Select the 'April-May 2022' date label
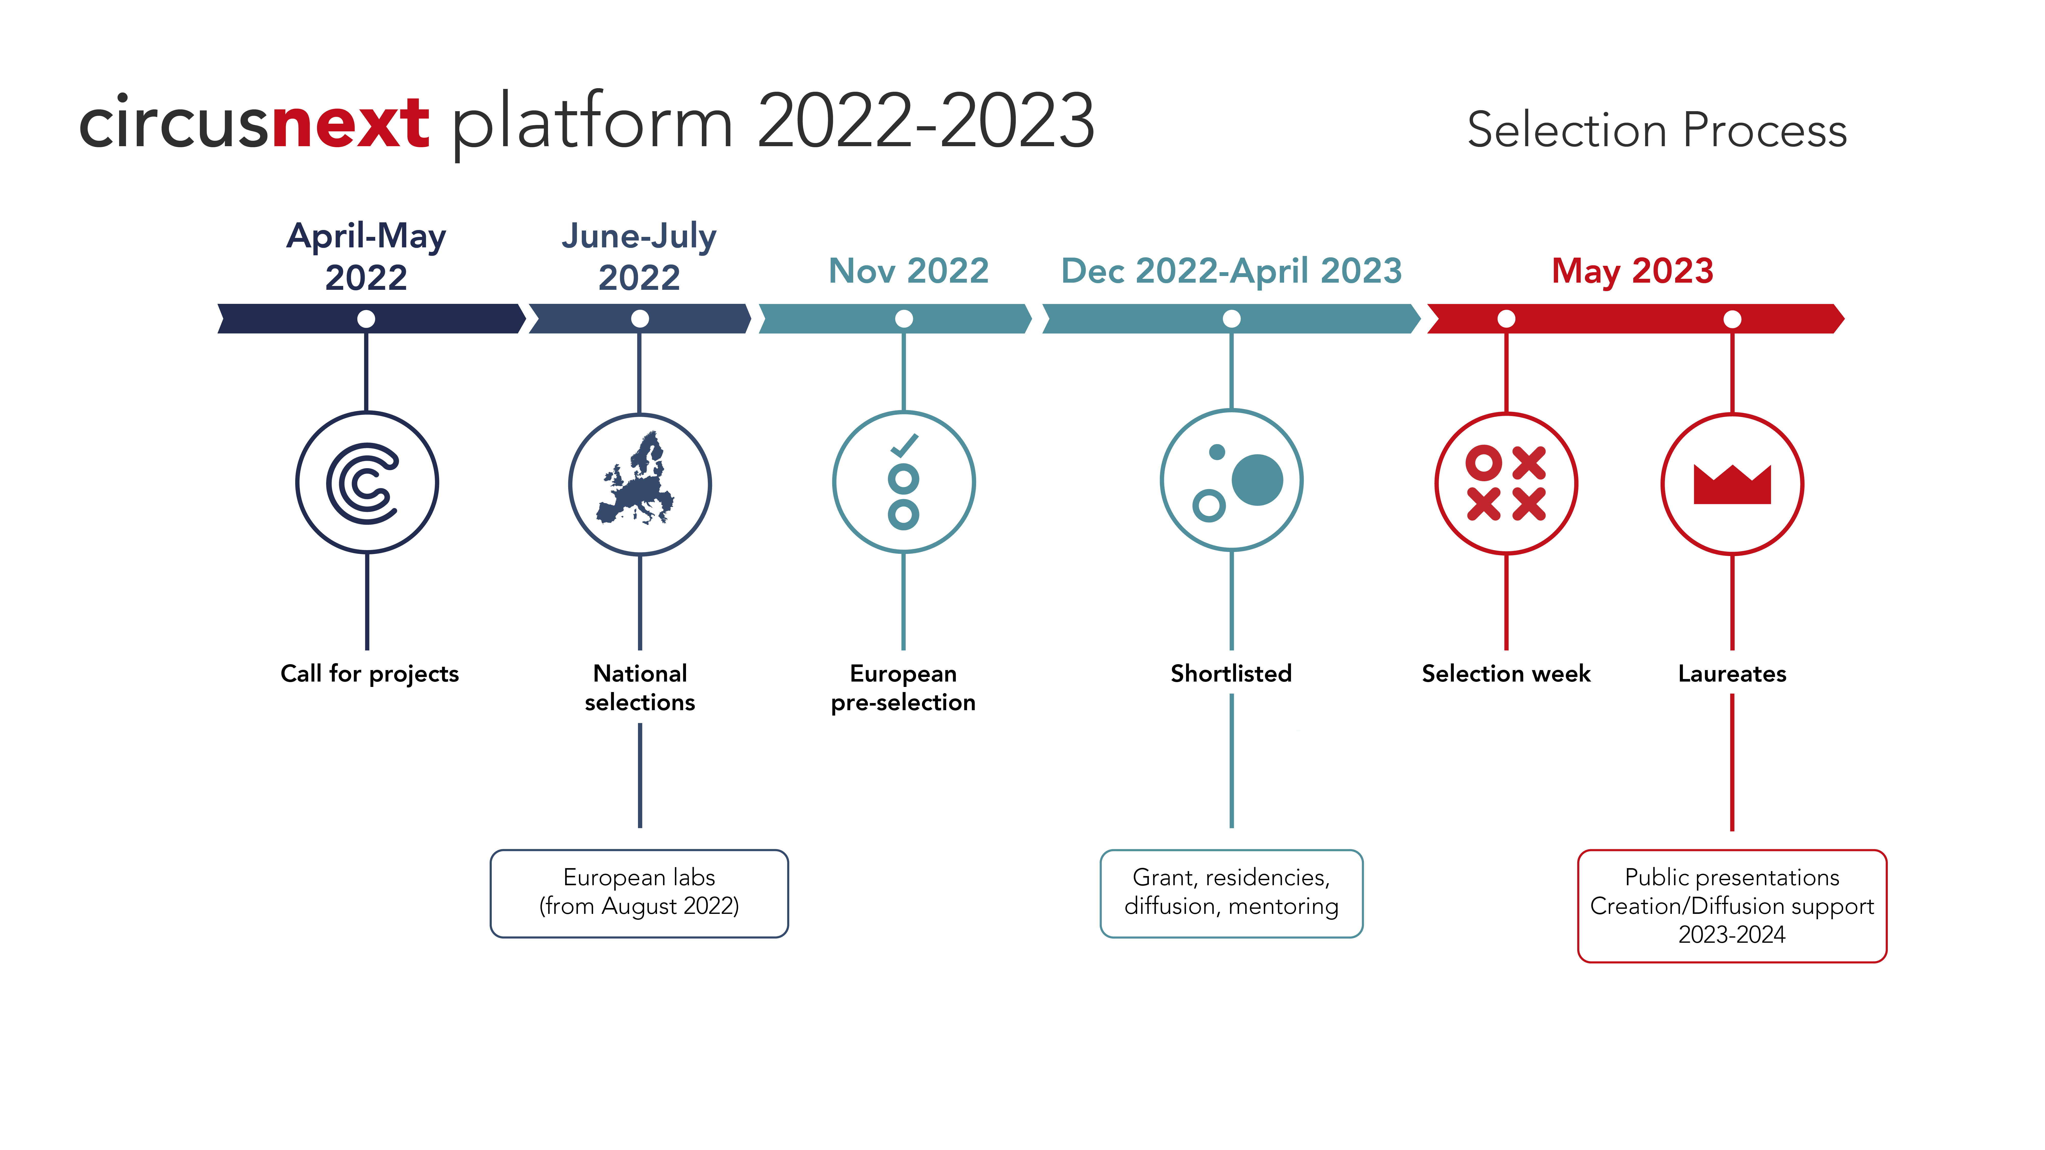pyautogui.click(x=366, y=256)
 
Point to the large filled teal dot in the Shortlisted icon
pyautogui.click(x=1258, y=479)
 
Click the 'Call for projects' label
pyautogui.click(x=370, y=674)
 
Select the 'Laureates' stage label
pyautogui.click(x=1732, y=674)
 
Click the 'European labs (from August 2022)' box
pyautogui.click(x=639, y=894)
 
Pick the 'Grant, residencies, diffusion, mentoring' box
pyautogui.click(x=1231, y=894)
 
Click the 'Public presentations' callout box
pyautogui.click(x=1732, y=905)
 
